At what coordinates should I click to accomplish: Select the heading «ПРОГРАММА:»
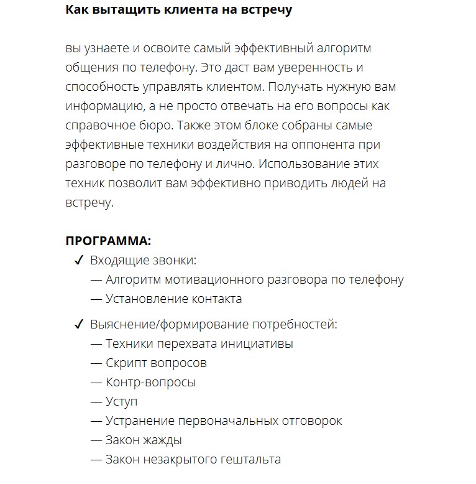click(x=108, y=241)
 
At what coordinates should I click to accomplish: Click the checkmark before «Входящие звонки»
click(x=79, y=261)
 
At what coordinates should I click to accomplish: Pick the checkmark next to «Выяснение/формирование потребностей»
click(x=79, y=325)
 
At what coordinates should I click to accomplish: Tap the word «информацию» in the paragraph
click(x=100, y=106)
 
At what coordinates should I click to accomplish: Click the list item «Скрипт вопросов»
click(x=156, y=363)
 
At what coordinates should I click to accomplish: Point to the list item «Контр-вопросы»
click(x=151, y=382)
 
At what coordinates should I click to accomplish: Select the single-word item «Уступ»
click(x=122, y=402)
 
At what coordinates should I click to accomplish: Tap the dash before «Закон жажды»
click(x=96, y=440)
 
